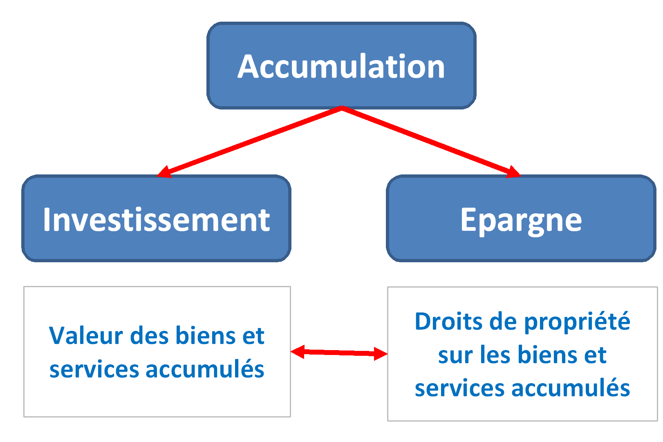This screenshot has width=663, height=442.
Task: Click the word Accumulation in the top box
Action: tap(341, 66)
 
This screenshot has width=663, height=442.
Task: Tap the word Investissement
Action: tap(157, 219)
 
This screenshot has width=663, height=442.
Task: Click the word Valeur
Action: tap(86, 335)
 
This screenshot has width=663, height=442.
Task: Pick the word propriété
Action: tap(577, 322)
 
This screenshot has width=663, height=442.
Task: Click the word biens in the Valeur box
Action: tap(206, 335)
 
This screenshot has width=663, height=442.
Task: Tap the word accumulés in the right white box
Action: tap(571, 388)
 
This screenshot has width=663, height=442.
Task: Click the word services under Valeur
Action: tap(94, 370)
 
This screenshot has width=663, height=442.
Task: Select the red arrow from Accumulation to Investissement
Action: tap(249, 142)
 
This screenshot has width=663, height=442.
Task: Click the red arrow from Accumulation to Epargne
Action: tap(431, 142)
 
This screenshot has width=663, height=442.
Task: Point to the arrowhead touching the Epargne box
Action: tap(513, 172)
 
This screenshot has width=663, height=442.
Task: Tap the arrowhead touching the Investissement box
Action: tap(165, 172)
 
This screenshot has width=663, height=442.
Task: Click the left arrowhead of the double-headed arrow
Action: tap(298, 351)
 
